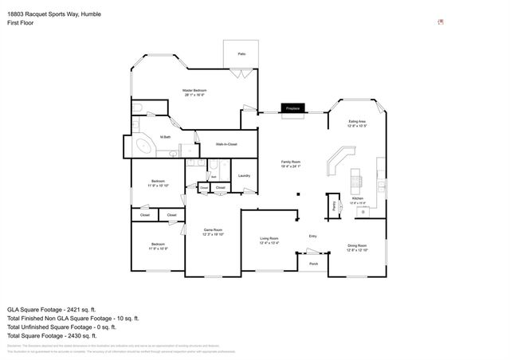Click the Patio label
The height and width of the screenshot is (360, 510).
[x=241, y=53]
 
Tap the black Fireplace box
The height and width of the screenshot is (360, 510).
[x=292, y=108]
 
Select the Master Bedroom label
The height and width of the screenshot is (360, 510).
[x=195, y=92]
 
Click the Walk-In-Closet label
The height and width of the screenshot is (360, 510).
[x=229, y=144]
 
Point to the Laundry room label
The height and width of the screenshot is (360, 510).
[x=244, y=175]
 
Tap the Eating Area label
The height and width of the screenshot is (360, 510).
[x=357, y=123]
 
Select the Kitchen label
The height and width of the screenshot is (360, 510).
[x=358, y=199]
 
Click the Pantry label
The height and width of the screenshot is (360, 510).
[x=332, y=206]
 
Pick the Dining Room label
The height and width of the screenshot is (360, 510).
[x=357, y=247]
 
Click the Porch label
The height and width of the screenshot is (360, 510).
[x=313, y=263]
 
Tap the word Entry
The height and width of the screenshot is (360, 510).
[x=313, y=236]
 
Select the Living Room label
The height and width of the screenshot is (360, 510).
[x=269, y=240]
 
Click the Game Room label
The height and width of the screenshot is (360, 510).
[x=213, y=232]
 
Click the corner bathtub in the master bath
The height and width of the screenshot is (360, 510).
[x=144, y=147]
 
